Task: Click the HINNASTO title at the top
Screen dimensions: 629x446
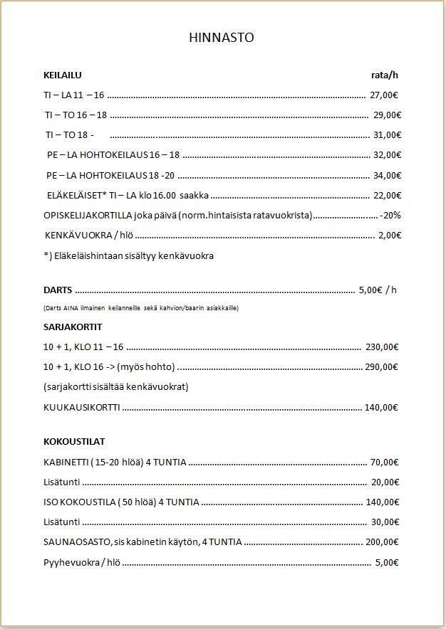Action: coord(222,38)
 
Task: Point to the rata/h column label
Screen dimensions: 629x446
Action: coord(385,75)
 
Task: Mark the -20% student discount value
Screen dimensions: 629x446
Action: coord(390,215)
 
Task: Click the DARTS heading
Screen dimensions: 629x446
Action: coord(58,290)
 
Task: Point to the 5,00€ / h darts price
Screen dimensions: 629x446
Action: coord(378,290)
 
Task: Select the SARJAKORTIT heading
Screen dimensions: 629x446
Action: coord(73,327)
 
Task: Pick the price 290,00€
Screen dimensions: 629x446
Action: coord(380,367)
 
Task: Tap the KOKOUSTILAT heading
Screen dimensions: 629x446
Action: coord(74,442)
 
